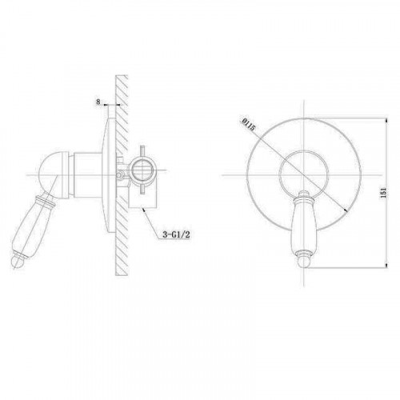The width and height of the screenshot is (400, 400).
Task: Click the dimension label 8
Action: tap(98, 102)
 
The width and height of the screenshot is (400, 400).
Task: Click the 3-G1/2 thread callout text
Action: tap(176, 234)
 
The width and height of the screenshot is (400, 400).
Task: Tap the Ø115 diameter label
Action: tap(249, 125)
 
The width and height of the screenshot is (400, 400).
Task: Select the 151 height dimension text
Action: tap(384, 193)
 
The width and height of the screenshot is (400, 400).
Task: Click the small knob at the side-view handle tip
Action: tap(17, 262)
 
